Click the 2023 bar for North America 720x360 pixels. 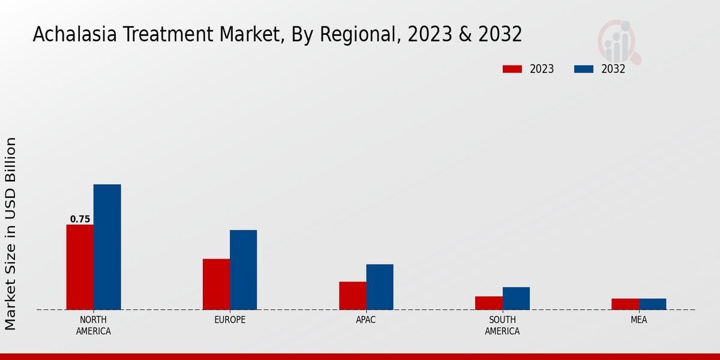coord(80,267)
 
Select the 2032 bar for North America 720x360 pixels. coord(107,247)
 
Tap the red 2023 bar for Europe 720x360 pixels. coord(216,284)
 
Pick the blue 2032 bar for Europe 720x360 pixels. coord(243,269)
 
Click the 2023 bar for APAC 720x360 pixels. coord(352,295)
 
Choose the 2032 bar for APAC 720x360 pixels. coord(380,287)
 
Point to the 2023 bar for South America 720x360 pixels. coord(488,303)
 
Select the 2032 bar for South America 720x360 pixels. coord(516,298)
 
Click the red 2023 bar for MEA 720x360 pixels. coord(625,304)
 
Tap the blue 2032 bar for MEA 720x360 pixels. coord(652,304)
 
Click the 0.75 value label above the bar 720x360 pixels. coord(80,220)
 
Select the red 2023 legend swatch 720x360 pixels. coord(512,69)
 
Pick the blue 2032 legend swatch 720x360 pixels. coord(584,69)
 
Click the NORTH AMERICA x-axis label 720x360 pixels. coord(94,325)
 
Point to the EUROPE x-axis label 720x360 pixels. coord(230,320)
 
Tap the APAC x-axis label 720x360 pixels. coord(366,320)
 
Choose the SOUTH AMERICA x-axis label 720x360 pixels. coord(502,325)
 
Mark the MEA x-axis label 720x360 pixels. coord(639,320)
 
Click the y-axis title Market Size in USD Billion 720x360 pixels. coord(11,234)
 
